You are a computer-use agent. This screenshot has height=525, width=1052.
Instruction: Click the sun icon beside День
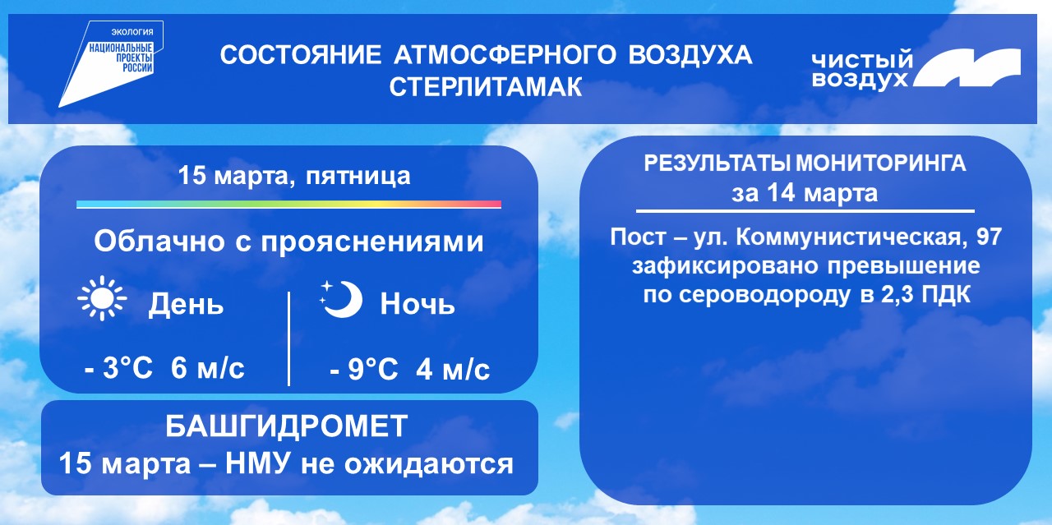click(102, 298)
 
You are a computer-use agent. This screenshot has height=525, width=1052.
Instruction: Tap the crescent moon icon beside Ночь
click(342, 299)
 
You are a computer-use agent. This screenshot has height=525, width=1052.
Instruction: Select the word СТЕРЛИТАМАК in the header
click(486, 87)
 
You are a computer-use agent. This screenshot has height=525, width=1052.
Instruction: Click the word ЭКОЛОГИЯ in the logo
click(132, 32)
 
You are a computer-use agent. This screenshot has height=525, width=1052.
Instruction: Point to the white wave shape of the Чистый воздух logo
click(967, 68)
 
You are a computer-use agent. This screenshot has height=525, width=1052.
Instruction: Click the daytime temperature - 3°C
click(118, 368)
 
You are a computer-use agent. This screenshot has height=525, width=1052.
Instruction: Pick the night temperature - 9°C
click(364, 369)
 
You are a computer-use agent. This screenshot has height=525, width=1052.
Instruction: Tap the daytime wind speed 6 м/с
click(208, 368)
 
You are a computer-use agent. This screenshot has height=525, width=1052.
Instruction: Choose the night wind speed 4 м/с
click(453, 369)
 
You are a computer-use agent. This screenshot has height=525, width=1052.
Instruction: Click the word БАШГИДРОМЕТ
click(287, 426)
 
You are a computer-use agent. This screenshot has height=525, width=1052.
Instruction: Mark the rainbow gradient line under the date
click(288, 205)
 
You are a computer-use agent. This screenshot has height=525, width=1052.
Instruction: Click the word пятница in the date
click(358, 177)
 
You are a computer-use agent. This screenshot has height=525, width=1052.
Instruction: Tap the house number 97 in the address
click(989, 237)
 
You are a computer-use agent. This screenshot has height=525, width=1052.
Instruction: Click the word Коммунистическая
click(853, 237)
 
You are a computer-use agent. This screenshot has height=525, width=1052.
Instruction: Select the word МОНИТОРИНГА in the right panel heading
click(881, 163)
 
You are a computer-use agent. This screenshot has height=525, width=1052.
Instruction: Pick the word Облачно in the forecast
click(159, 242)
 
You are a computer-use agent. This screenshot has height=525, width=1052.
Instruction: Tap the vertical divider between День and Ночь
click(288, 338)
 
